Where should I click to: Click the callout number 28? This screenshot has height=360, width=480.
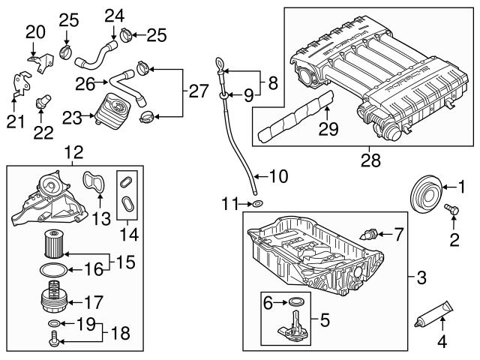[370, 160]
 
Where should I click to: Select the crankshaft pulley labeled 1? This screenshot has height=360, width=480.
[425, 194]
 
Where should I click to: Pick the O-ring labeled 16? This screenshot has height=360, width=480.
[53, 270]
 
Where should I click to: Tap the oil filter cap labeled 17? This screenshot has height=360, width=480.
[55, 296]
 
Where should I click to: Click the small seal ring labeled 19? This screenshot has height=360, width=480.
[53, 323]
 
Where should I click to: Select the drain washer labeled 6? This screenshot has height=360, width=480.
[295, 302]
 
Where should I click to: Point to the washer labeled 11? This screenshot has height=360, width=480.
[257, 203]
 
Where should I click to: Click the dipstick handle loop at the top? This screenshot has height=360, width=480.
[220, 63]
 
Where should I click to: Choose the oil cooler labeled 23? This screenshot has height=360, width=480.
[112, 111]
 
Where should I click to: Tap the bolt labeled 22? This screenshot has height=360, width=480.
[43, 102]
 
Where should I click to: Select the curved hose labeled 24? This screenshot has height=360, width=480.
[96, 55]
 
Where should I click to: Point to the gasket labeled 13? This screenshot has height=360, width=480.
[94, 182]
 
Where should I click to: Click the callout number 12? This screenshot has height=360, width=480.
[73, 152]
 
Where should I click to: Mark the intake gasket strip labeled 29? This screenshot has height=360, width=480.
[295, 117]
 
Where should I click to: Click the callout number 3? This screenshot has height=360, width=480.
[421, 278]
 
